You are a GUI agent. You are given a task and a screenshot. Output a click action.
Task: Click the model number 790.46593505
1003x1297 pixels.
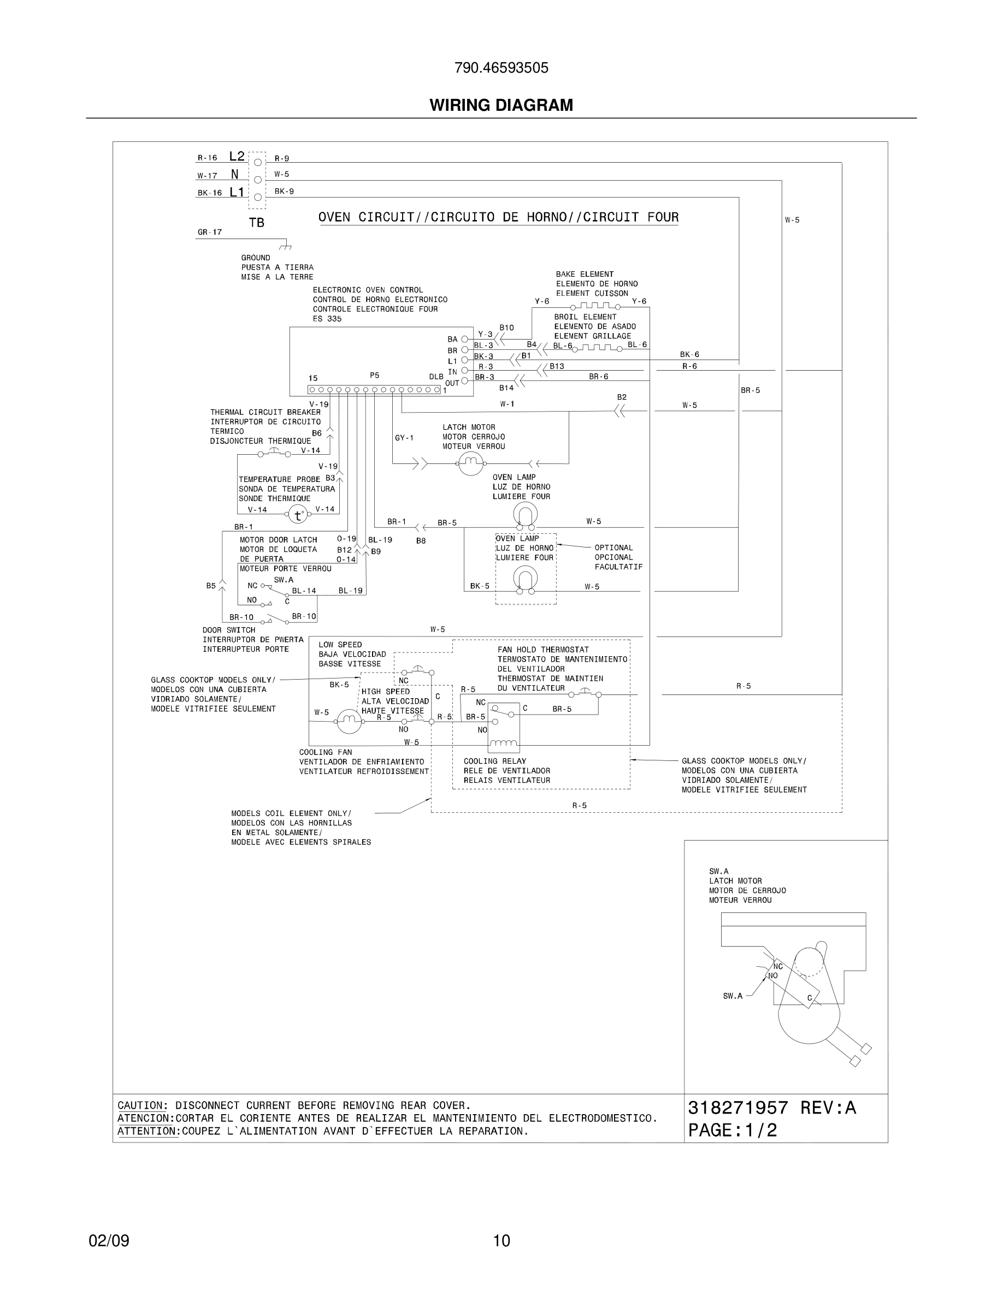tap(501, 68)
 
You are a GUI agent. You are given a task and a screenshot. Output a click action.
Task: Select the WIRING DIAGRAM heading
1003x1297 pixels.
tap(501, 105)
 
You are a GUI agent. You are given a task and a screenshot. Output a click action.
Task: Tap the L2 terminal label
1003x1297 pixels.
tap(237, 157)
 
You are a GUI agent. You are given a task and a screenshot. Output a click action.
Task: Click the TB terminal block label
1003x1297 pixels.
tap(257, 223)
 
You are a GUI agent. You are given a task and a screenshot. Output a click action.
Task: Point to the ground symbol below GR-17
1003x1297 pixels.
tap(286, 245)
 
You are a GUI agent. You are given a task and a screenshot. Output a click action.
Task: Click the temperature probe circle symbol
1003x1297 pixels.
tap(298, 515)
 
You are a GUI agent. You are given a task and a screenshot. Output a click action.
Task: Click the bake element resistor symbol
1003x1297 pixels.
tap(595, 306)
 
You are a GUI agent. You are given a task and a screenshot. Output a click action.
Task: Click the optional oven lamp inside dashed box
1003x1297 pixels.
tap(526, 579)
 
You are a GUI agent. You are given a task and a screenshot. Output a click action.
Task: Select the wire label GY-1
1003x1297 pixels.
tap(404, 438)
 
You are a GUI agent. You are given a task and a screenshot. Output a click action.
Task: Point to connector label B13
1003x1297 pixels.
tap(557, 366)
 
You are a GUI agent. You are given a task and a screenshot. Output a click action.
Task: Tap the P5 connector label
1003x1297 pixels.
tap(374, 376)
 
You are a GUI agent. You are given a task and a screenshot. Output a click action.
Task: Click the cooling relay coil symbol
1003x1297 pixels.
tap(503, 742)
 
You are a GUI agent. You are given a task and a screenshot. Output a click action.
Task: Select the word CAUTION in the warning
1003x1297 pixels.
tap(140, 1105)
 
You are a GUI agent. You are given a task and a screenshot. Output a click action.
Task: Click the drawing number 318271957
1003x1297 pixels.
tap(737, 1108)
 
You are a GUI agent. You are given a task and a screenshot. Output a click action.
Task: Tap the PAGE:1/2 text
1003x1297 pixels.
tap(732, 1130)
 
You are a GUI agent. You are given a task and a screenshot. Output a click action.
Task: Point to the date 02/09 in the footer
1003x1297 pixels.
tap(109, 1241)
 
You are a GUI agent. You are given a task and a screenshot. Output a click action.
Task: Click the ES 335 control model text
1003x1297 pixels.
tap(327, 319)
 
